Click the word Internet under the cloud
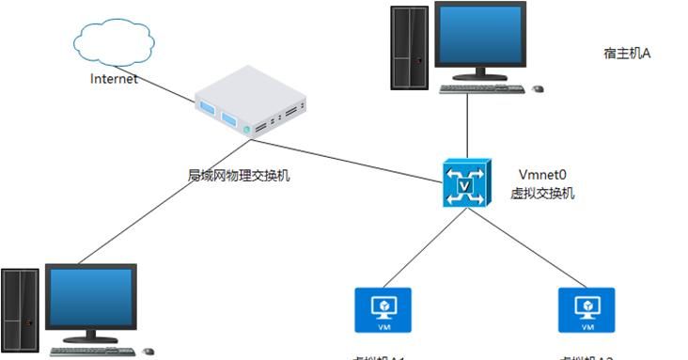click(x=114, y=79)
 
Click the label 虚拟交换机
click(x=542, y=194)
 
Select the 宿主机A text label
click(x=627, y=54)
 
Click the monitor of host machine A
click(x=480, y=40)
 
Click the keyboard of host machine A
click(x=482, y=89)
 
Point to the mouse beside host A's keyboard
click(x=538, y=89)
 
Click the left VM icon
click(x=383, y=310)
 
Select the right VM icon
click(x=586, y=310)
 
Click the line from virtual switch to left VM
click(x=423, y=247)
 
